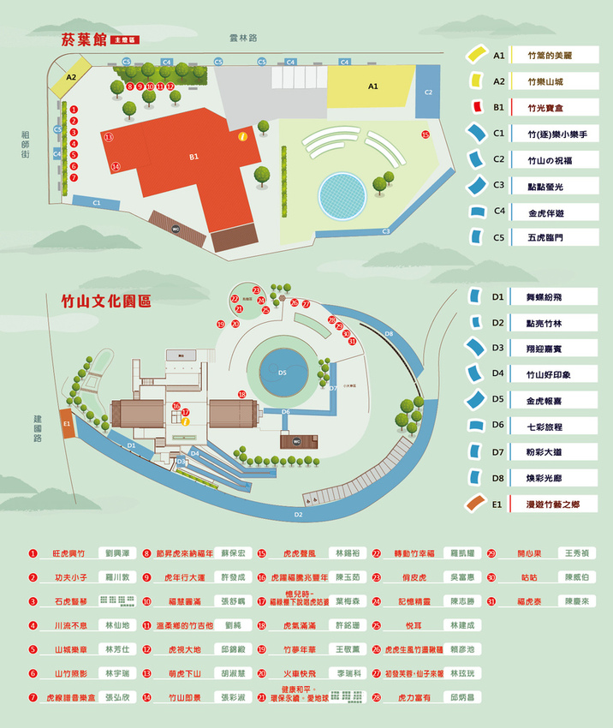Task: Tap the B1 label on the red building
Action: coord(194,157)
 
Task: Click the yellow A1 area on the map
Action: coord(372,87)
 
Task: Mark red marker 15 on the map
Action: coord(426,134)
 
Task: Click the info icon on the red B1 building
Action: coord(243,135)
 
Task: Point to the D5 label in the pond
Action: coord(283,373)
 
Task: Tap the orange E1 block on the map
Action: coord(67,422)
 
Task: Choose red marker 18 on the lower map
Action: coord(242,394)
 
